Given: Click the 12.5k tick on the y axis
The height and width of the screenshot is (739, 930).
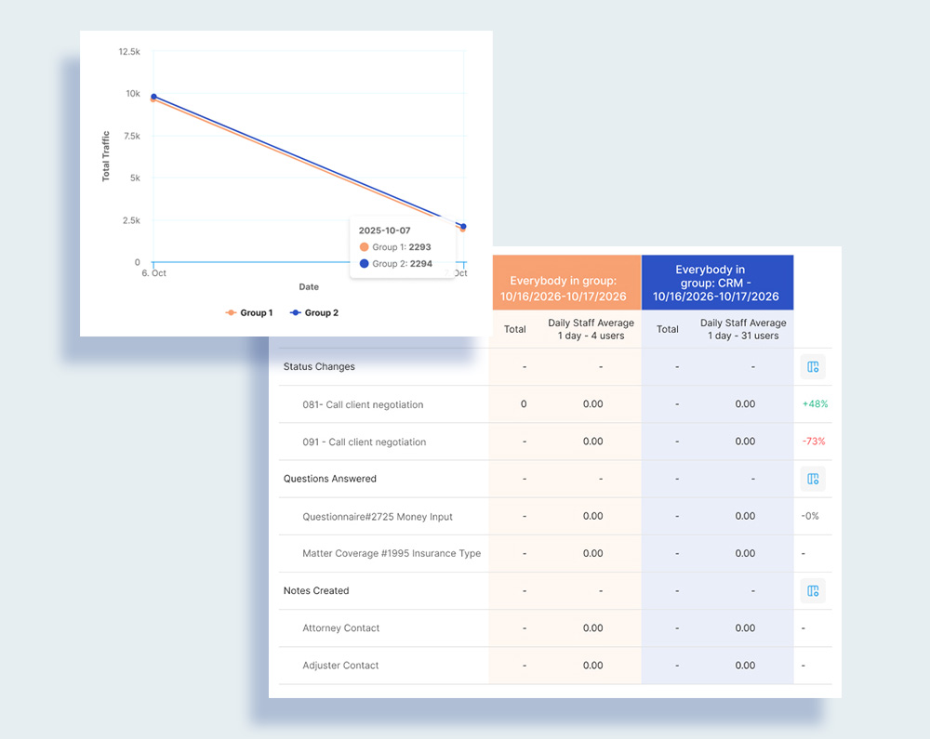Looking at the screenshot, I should coord(129,52).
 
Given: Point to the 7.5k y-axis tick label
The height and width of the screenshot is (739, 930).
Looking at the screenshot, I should coord(130,137).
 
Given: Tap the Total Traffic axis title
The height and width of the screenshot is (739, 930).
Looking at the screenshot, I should coord(106,155).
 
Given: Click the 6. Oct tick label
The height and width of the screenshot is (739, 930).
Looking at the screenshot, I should coord(154,272).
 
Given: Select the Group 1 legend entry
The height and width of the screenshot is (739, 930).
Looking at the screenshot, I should coord(249,313).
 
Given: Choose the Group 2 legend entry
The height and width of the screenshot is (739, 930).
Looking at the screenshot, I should coord(314,313).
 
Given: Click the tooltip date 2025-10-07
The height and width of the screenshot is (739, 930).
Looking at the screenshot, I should coord(384,230).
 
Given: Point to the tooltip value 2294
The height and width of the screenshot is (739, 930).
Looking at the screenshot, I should coord(420,264).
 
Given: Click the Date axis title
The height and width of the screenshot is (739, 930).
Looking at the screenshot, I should coord(309,287).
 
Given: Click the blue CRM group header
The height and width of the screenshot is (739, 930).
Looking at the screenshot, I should coord(716,283).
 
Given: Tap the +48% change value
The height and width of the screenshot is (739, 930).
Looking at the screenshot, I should coord(814,404).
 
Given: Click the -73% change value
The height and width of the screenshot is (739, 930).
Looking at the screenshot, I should coord(814,442).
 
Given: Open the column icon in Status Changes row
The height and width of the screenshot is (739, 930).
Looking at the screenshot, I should coord(813,367).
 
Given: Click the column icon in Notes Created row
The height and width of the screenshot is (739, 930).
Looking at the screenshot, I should coord(813,591).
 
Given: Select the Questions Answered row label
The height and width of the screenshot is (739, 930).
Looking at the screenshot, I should coord(330,479).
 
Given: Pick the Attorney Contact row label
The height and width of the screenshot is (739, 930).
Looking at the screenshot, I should coord(340,628).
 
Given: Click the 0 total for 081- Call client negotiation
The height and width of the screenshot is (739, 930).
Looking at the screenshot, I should coord(524,404).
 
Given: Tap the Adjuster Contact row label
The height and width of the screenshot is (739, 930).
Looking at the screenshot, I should coord(340,666).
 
